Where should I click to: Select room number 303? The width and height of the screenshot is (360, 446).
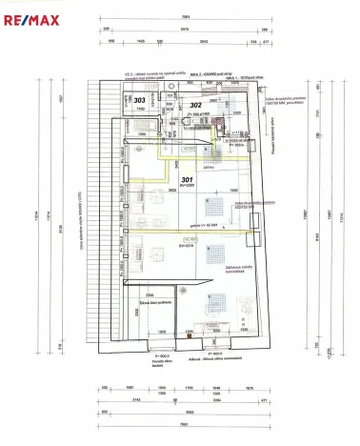click(x=140, y=99)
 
